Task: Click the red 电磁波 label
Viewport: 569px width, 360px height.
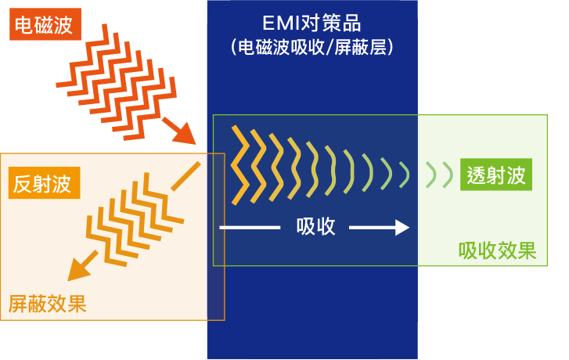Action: pyautogui.click(x=45, y=24)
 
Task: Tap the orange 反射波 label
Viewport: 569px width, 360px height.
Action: pyautogui.click(x=44, y=182)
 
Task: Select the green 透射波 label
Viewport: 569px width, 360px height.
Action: pyautogui.click(x=496, y=175)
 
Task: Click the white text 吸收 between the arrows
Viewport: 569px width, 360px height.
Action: pyautogui.click(x=315, y=227)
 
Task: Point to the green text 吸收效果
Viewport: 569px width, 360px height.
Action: pyautogui.click(x=497, y=250)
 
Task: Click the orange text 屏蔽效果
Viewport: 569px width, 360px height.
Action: pyautogui.click(x=47, y=304)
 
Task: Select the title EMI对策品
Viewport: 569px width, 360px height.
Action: pyautogui.click(x=312, y=23)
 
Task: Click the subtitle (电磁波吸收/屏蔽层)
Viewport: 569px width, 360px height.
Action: pyautogui.click(x=312, y=47)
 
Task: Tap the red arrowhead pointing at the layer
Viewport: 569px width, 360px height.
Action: pyautogui.click(x=185, y=135)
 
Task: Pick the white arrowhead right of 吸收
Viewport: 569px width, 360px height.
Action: pyautogui.click(x=402, y=228)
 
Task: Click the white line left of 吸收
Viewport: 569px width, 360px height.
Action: pyautogui.click(x=250, y=228)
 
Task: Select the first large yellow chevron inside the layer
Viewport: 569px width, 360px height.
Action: pyautogui.click(x=240, y=165)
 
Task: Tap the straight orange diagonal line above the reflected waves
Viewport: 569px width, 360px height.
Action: pyautogui.click(x=185, y=176)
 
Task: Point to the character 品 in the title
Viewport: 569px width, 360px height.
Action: pyautogui.click(x=351, y=23)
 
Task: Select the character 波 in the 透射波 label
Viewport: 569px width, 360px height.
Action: pyautogui.click(x=516, y=175)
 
